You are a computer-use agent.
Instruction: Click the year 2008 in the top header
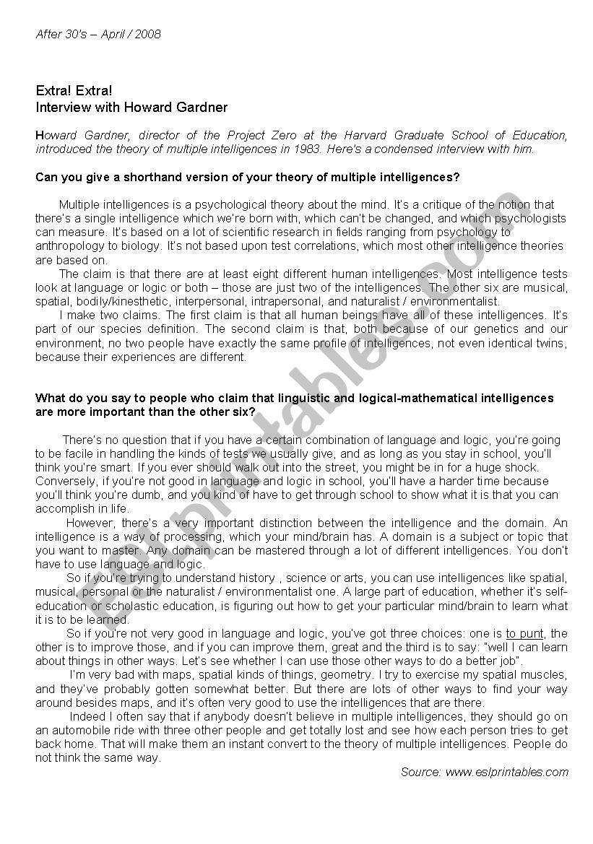[149, 34]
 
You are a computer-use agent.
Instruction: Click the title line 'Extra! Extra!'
[74, 92]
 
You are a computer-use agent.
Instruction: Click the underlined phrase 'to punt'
[524, 633]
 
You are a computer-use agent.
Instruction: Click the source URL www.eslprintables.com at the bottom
[506, 772]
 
